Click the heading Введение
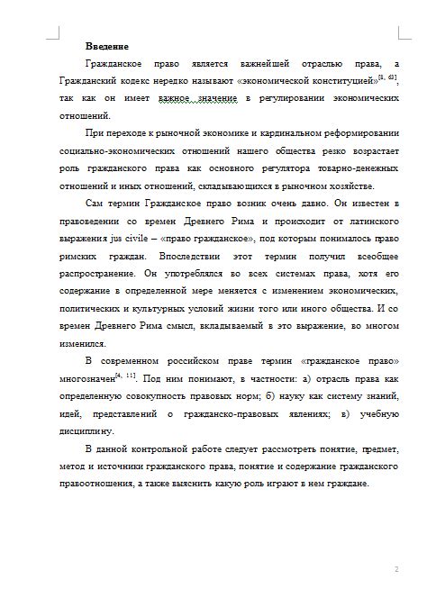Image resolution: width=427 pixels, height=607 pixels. pos(106,46)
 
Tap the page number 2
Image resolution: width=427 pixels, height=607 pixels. pos(396,569)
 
